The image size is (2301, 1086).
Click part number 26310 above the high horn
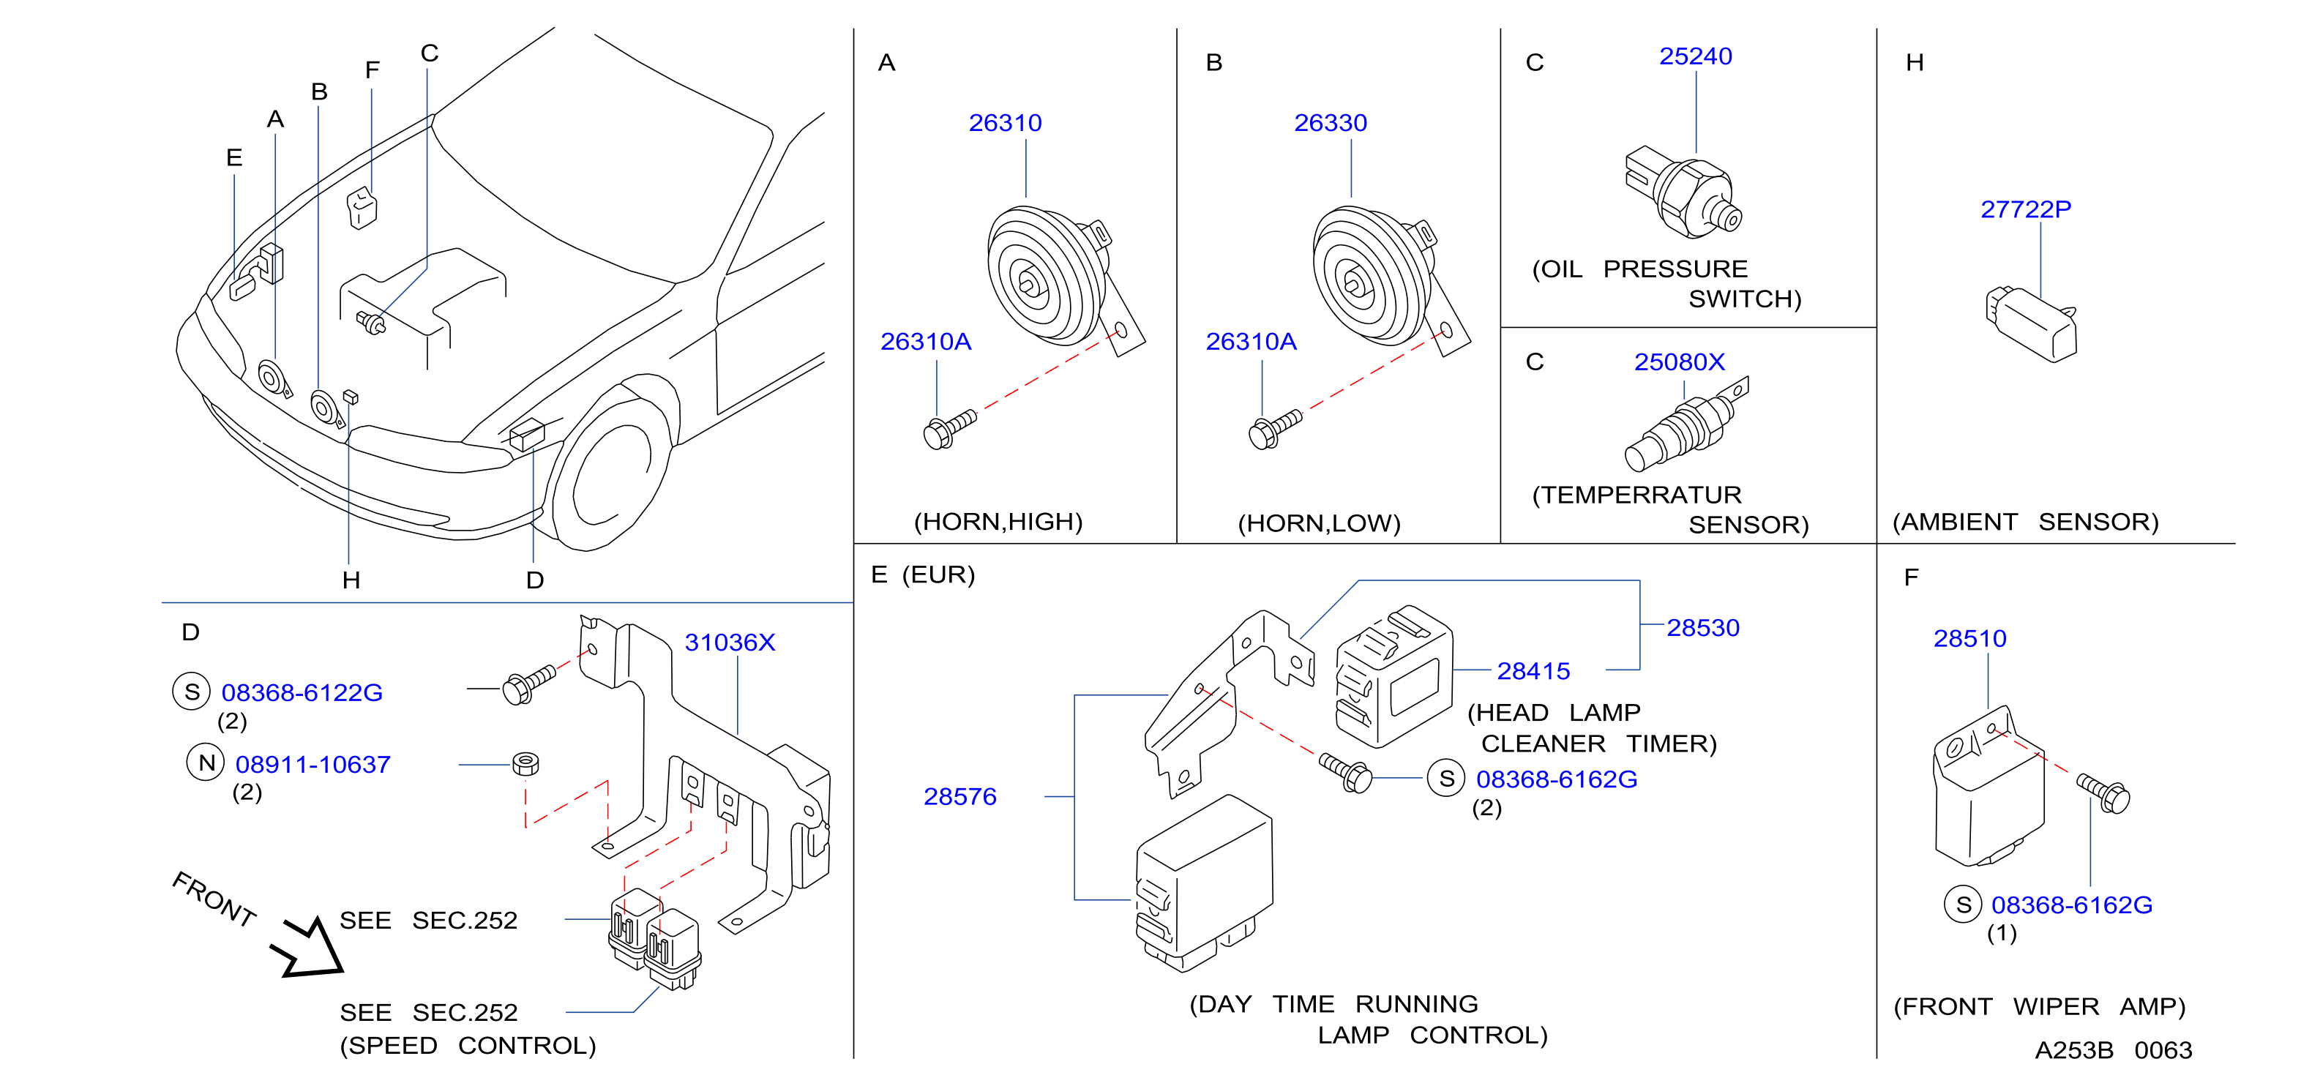[1005, 122]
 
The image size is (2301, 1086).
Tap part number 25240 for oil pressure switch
[1696, 56]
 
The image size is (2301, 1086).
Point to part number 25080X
[1680, 362]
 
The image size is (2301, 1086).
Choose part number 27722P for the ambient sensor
[2025, 209]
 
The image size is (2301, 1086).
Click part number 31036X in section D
[730, 642]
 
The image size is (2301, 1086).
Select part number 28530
[1702, 628]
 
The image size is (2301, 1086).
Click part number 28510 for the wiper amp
[1969, 639]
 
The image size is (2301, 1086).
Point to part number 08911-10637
[313, 765]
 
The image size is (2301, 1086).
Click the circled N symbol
[206, 763]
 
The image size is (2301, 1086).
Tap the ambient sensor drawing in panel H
[2031, 323]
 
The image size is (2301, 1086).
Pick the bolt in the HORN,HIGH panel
[949, 430]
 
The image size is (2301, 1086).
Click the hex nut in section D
[525, 763]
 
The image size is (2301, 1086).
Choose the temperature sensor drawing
[1686, 423]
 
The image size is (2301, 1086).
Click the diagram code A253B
[2073, 1050]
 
